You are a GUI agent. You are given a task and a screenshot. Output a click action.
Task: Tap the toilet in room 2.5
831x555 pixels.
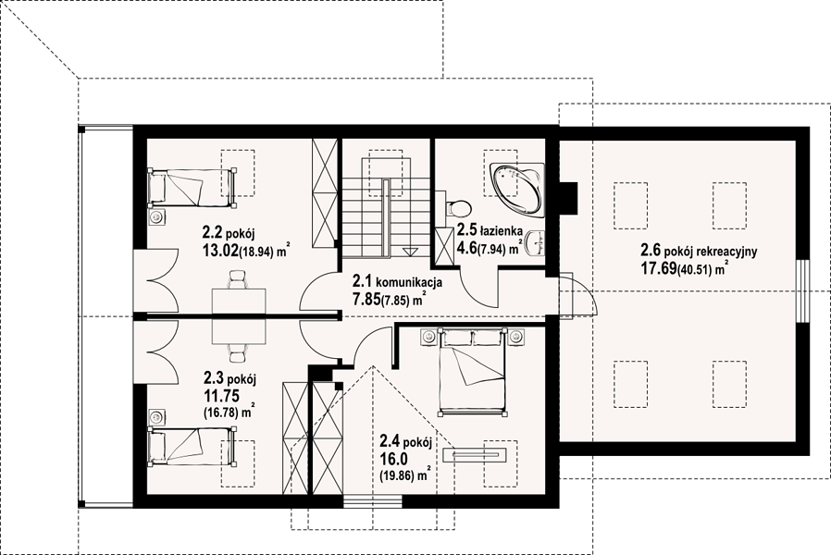[458, 208]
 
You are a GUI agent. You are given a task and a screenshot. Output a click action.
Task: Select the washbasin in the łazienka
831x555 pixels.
[539, 242]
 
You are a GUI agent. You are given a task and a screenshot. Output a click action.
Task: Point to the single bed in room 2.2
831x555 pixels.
[192, 188]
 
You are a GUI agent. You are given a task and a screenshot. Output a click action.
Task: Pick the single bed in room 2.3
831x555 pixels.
[192, 448]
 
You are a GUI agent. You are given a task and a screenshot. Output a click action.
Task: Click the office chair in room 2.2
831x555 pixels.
[238, 279]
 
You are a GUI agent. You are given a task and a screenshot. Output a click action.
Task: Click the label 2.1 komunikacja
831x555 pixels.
[398, 282]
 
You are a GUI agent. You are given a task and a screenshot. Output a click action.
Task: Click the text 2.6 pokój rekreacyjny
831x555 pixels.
[699, 250]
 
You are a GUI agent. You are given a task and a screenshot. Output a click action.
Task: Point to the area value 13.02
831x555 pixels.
[219, 251]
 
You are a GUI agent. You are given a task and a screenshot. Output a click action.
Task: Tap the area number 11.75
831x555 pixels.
[221, 395]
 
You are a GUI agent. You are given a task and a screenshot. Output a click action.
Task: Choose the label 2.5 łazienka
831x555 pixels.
[490, 230]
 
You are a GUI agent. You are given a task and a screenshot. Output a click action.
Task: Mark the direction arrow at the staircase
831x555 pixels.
[410, 252]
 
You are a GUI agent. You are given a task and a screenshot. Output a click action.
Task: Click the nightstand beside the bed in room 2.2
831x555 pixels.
[156, 216]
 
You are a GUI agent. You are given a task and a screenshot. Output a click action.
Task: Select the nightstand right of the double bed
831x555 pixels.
[516, 337]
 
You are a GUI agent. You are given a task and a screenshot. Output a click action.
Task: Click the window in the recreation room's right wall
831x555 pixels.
[804, 290]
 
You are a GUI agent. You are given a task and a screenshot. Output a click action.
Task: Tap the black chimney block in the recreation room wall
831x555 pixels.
[568, 198]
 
